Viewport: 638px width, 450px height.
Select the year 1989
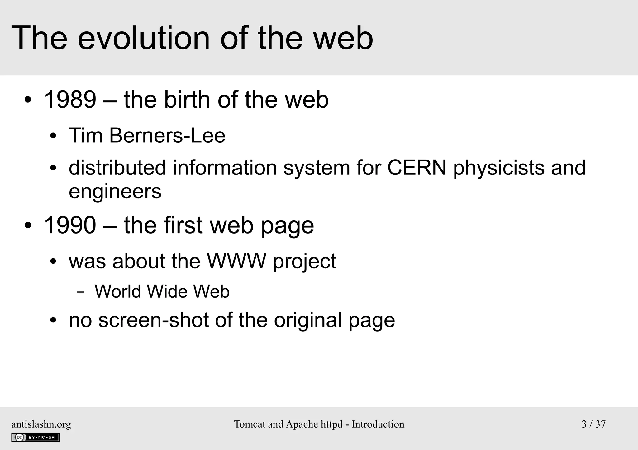coord(70,100)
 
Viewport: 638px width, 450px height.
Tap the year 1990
coord(70,225)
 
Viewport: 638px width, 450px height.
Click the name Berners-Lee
coord(167,136)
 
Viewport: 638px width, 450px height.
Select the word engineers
coord(115,191)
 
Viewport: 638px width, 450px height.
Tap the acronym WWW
coord(237,261)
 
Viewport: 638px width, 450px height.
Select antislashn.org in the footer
coord(41,424)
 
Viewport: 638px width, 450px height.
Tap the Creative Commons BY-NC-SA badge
coord(36,437)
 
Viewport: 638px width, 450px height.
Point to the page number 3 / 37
coord(593,424)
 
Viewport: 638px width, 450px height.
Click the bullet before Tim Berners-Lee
coord(53,136)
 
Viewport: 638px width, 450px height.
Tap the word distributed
coord(117,168)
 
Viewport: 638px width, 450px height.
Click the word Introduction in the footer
coord(378,424)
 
